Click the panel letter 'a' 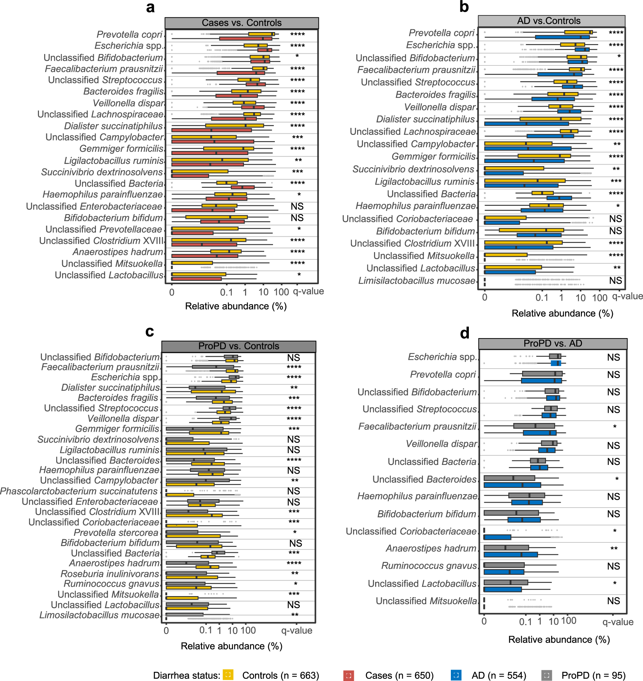150,7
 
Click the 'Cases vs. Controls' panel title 241,23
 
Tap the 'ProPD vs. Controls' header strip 238,346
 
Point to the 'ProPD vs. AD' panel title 553,344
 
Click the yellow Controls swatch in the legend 228,675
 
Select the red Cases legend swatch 348,675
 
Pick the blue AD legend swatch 456,675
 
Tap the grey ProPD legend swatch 546,675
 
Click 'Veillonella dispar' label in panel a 128,103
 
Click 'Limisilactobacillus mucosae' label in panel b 417,281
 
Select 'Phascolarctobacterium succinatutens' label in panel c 79,491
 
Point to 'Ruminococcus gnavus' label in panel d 429,566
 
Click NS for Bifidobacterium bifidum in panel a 297,218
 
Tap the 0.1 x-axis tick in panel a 226,293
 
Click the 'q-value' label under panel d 618,622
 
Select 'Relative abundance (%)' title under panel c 231,646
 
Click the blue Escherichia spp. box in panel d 556,363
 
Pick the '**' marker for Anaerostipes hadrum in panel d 614,548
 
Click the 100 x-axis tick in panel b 600,298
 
